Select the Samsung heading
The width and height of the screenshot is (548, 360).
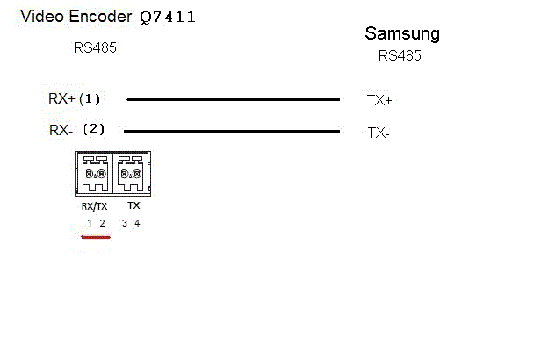[x=401, y=34]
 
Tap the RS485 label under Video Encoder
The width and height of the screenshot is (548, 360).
[x=95, y=48]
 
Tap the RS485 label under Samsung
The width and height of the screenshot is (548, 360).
[x=400, y=55]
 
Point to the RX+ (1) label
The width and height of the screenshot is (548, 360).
[x=76, y=98]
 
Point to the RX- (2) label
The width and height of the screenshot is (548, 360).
[x=77, y=130]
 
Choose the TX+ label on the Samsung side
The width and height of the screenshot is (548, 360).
[x=379, y=101]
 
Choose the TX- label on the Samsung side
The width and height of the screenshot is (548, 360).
[x=379, y=133]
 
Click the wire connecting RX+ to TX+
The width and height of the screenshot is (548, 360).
[x=233, y=100]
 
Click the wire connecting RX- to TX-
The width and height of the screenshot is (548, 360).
[x=233, y=132]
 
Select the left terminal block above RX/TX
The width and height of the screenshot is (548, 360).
[x=95, y=173]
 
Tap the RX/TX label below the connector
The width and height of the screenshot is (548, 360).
[x=95, y=206]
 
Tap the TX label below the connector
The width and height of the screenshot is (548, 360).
[x=133, y=205]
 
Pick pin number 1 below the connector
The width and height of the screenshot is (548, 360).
[x=89, y=224]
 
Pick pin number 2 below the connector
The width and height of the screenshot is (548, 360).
[x=102, y=224]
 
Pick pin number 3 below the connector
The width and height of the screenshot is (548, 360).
[x=125, y=224]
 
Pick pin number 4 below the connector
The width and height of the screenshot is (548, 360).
[x=137, y=224]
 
